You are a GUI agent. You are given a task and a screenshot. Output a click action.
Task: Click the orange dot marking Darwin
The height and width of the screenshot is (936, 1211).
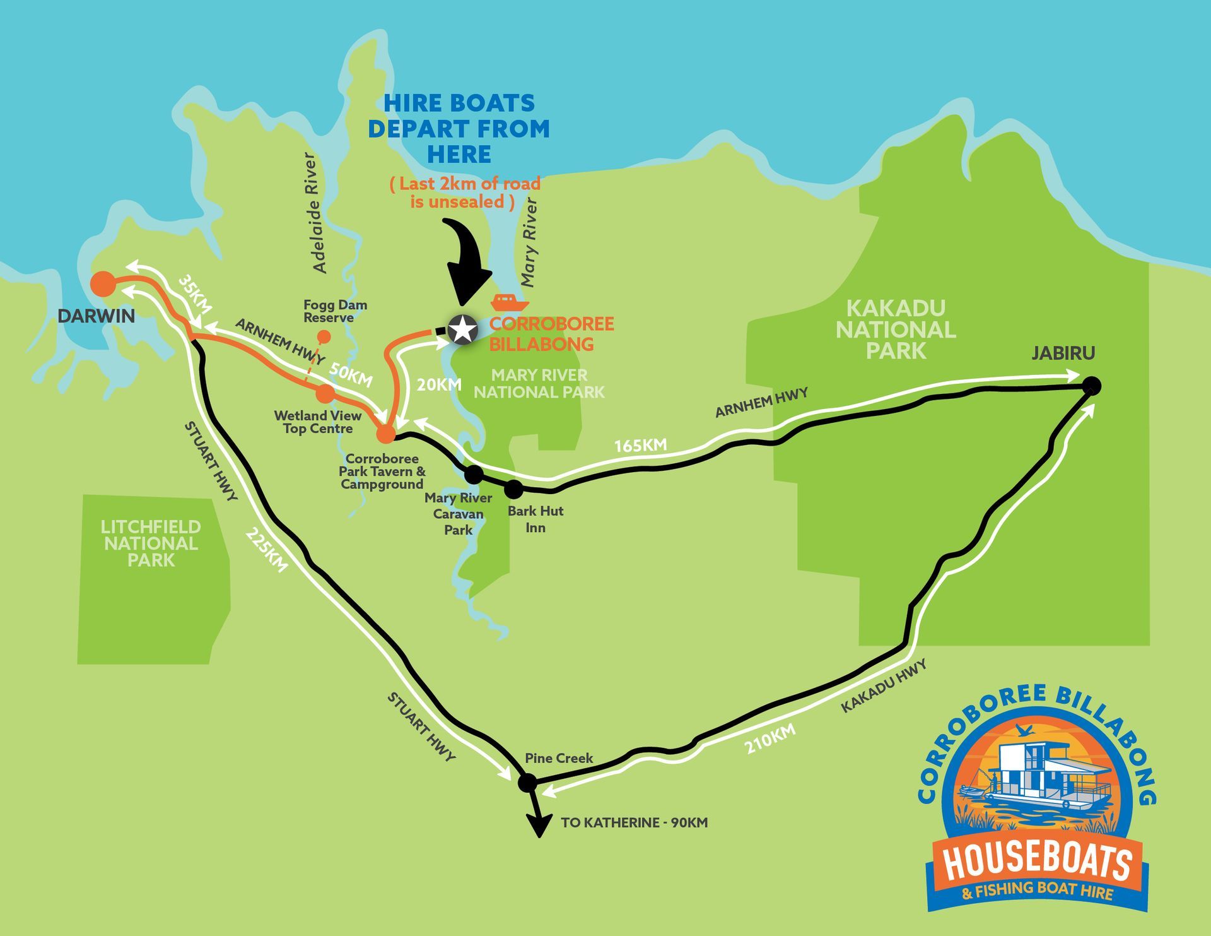tap(103, 284)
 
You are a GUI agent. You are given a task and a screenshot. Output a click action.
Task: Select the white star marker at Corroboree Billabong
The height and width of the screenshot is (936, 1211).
tap(462, 329)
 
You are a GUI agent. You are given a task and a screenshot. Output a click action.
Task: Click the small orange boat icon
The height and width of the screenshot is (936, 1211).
tap(510, 303)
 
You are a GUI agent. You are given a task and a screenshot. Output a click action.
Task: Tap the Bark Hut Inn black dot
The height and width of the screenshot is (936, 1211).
tap(513, 488)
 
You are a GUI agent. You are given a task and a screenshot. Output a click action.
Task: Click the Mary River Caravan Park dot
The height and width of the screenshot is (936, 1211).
tap(474, 473)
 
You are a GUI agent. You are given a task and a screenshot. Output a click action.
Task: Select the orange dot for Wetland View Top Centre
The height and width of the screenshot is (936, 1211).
tap(325, 394)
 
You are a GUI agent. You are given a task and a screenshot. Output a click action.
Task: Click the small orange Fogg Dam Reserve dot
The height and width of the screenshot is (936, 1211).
tap(324, 336)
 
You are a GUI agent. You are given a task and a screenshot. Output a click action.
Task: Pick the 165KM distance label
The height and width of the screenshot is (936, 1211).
tap(640, 446)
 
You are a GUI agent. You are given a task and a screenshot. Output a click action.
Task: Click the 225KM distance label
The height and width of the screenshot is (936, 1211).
tap(266, 550)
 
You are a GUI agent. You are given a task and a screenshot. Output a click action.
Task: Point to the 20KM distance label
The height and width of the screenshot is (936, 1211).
tap(439, 385)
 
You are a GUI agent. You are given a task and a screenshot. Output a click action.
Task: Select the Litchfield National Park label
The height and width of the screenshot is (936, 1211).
tap(151, 543)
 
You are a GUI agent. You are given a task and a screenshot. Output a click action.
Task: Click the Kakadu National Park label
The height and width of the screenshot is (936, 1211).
tap(896, 329)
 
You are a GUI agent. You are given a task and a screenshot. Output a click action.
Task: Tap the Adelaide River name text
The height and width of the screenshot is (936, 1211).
tap(316, 213)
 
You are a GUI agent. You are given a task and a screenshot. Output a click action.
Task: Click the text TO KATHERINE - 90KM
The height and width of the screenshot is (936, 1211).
tap(634, 823)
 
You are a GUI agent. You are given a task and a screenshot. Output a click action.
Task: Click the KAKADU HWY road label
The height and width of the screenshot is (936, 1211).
tap(884, 686)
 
